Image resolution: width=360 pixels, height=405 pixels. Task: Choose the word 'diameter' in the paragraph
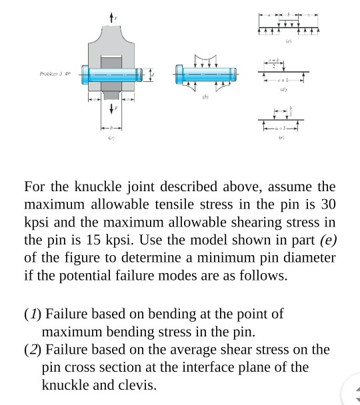[309, 256]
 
